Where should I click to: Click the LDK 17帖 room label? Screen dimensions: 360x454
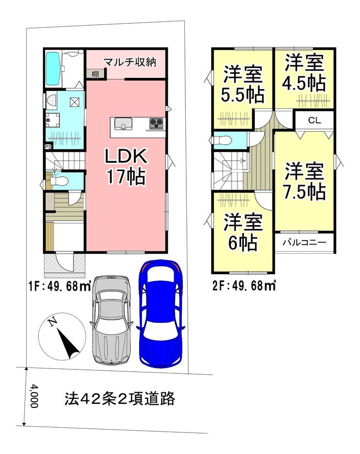click(x=126, y=167)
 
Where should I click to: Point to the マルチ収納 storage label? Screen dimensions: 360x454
click(x=130, y=62)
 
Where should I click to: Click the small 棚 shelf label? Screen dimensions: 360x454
click(x=95, y=74)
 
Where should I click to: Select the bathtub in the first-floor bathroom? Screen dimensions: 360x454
click(x=53, y=69)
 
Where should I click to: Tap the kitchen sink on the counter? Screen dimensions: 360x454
click(x=123, y=123)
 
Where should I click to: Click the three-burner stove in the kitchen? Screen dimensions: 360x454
click(x=157, y=124)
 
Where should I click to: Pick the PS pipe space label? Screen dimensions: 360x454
click(x=48, y=146)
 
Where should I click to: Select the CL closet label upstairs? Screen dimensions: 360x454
click(x=314, y=120)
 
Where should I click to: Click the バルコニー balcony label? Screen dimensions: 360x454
click(x=305, y=242)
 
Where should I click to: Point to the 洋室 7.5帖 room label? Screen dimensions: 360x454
click(x=305, y=181)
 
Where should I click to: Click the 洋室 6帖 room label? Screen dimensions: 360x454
click(x=243, y=232)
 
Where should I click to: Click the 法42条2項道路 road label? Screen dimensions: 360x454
click(x=119, y=399)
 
